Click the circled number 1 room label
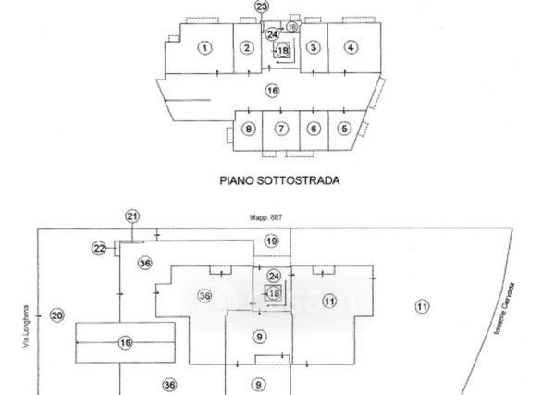coord(204,48)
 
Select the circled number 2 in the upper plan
coord(246,48)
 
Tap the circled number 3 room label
coord(314,48)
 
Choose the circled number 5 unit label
coord(345,129)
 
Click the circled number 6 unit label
coord(314,129)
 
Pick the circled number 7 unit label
coord(281,129)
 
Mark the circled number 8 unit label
coord(248,129)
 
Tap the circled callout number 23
coord(262,6)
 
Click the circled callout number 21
coord(131,216)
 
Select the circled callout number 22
coord(99,247)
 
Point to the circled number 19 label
coord(271,241)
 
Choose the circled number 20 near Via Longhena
coord(56,315)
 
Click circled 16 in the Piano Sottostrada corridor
coord(271,91)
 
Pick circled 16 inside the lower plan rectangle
coord(126,343)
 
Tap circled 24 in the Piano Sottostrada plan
coord(272,33)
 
